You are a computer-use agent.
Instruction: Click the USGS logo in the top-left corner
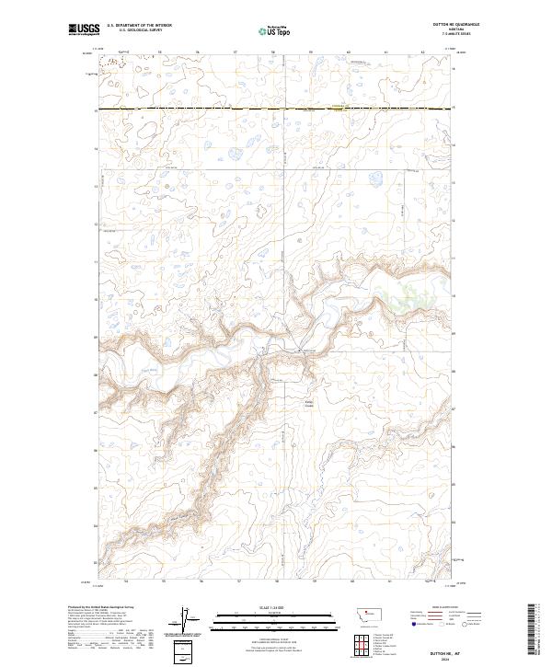pyautogui.click(x=83, y=29)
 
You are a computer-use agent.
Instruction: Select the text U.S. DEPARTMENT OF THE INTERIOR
pyautogui.click(x=137, y=26)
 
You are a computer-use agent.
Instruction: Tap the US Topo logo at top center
pyautogui.click(x=277, y=29)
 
